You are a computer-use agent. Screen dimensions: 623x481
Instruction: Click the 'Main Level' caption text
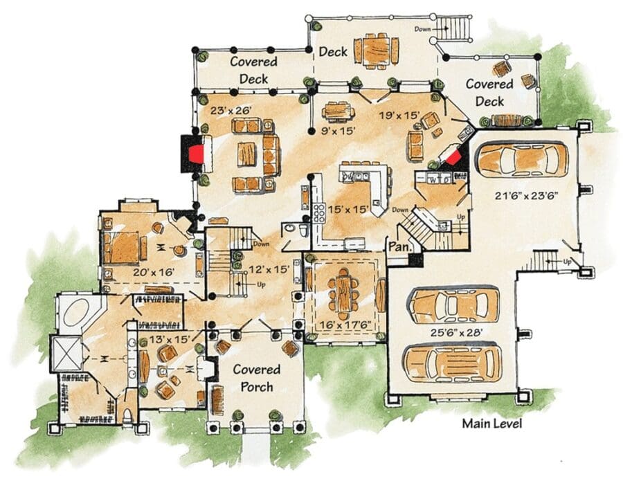492,424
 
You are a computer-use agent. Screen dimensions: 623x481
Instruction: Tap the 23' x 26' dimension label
231,110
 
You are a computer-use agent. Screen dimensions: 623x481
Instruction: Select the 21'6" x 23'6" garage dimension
527,195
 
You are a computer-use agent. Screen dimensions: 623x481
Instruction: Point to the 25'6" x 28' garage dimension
457,332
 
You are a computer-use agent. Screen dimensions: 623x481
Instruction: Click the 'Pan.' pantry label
399,246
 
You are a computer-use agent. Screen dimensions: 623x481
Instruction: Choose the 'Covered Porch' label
257,378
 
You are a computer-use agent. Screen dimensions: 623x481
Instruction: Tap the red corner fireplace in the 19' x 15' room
453,156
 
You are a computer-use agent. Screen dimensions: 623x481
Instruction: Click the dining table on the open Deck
377,51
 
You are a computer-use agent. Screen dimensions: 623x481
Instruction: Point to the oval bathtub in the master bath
76,313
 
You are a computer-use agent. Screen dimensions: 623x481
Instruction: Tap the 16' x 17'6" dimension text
345,325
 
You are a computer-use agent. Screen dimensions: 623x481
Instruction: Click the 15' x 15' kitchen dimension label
347,209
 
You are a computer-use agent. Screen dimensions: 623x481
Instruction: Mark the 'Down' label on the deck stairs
422,29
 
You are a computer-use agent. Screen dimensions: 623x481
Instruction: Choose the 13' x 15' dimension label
170,340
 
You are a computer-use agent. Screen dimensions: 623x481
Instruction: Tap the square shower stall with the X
66,353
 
